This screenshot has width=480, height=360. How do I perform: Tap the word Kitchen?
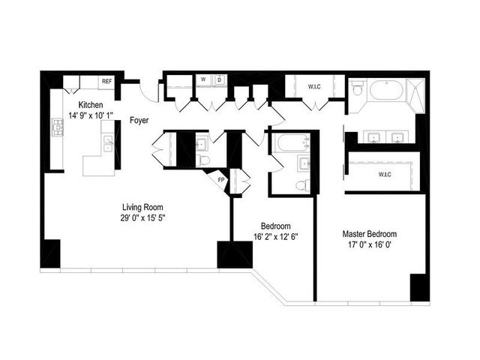pyautogui.click(x=94, y=105)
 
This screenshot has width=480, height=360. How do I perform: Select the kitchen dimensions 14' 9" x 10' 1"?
pyautogui.click(x=94, y=115)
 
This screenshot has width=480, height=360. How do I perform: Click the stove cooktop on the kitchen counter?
pyautogui.click(x=57, y=128)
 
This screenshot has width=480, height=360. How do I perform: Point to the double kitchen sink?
pyautogui.click(x=108, y=142)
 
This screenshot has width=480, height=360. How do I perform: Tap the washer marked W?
pyautogui.click(x=203, y=80)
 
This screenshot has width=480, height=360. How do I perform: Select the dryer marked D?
pyautogui.click(x=218, y=80)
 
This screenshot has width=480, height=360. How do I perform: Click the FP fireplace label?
pyautogui.click(x=221, y=181)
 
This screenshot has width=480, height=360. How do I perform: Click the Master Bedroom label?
pyautogui.click(x=370, y=233)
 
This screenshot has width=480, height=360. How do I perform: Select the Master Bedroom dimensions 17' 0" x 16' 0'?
pyautogui.click(x=370, y=244)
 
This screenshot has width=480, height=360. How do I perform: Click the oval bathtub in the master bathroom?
pyautogui.click(x=385, y=90)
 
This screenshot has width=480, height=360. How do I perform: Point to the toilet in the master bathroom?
pyautogui.click(x=358, y=91)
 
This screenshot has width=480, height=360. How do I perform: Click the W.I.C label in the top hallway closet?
pyautogui.click(x=315, y=86)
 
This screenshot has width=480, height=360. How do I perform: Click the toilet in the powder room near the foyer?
pyautogui.click(x=203, y=160)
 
